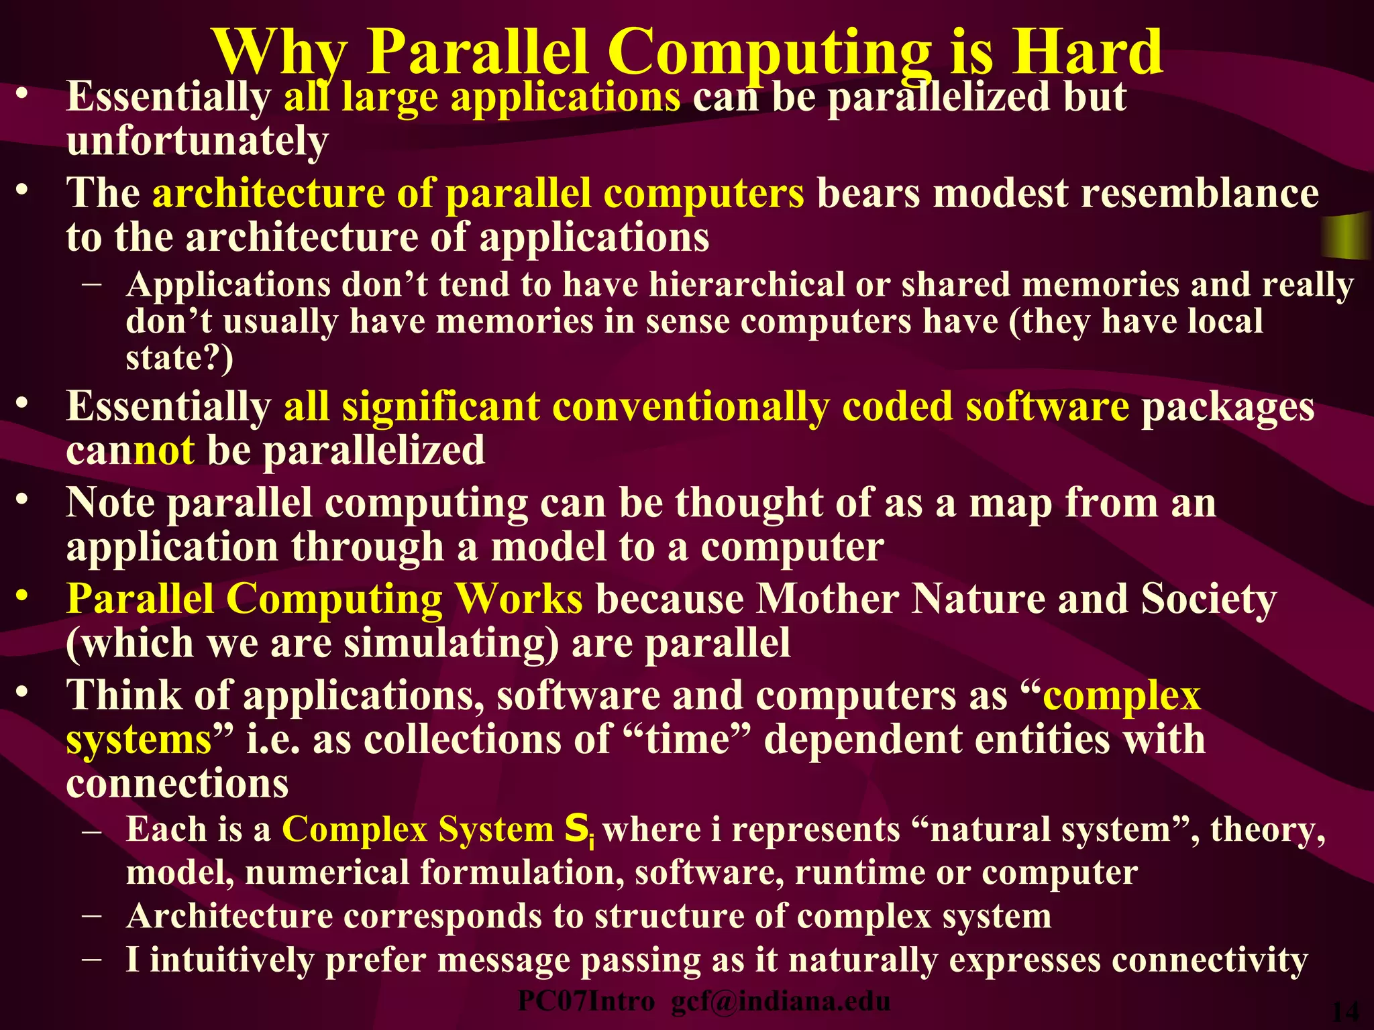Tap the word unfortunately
tap(197, 141)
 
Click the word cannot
tap(131, 450)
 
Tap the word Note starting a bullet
tap(110, 502)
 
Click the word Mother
tap(828, 598)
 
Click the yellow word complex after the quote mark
tap(1121, 695)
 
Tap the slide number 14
tap(1344, 1011)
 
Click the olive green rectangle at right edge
tap(1347, 236)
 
